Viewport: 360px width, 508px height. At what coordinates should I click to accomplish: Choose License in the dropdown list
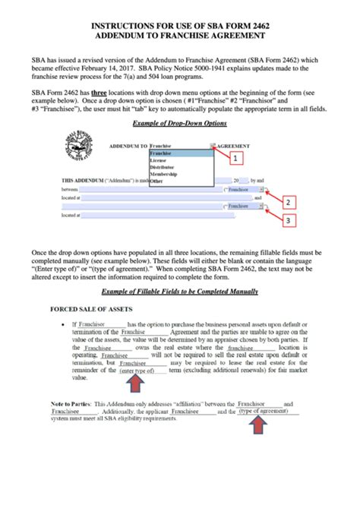click(159, 160)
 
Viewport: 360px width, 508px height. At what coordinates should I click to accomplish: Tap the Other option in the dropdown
click(156, 181)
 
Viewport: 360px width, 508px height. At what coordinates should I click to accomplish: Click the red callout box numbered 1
click(235, 158)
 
